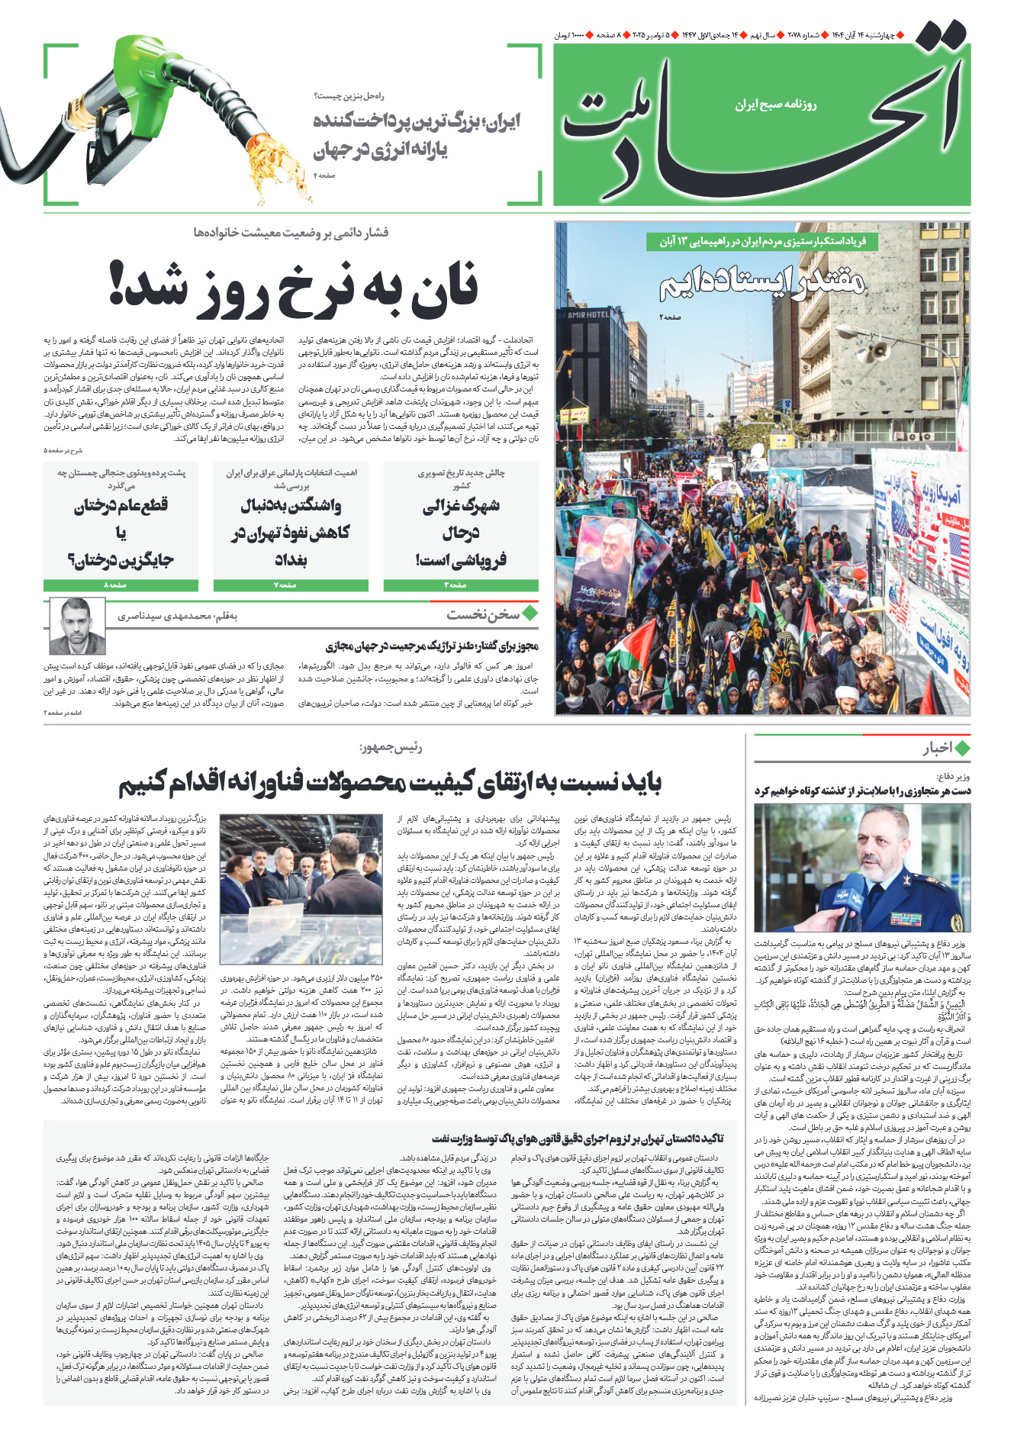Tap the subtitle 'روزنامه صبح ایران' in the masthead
[x=775, y=105]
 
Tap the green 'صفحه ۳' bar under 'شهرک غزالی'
[x=460, y=585]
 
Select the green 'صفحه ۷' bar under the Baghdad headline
[x=290, y=585]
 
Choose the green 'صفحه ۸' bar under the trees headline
[x=121, y=585]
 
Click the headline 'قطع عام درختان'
[x=121, y=506]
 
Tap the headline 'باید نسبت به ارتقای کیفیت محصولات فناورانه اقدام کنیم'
[x=390, y=782]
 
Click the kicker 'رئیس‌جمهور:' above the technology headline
[x=390, y=748]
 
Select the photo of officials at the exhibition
[x=301, y=889]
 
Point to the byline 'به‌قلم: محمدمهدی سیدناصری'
[x=177, y=616]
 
